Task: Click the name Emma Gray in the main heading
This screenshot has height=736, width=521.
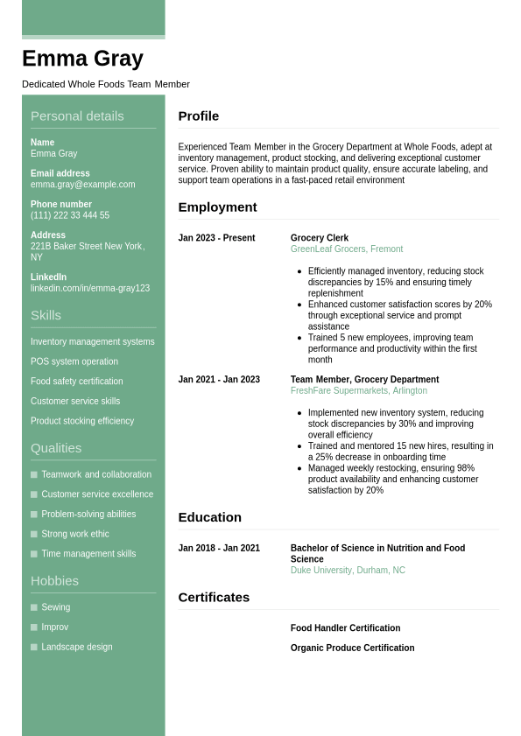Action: pyautogui.click(x=82, y=59)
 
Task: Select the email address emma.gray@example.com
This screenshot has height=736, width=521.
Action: pyautogui.click(x=82, y=185)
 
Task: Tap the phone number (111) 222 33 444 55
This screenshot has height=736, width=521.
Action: pyautogui.click(x=70, y=215)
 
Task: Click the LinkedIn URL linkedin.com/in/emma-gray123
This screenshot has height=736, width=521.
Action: pyautogui.click(x=90, y=288)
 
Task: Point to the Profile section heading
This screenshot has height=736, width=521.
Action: pyautogui.click(x=199, y=116)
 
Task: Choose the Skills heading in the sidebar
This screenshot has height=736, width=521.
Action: pyautogui.click(x=46, y=315)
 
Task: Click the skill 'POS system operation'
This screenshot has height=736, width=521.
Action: pyautogui.click(x=74, y=361)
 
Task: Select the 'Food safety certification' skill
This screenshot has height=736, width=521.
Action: pyautogui.click(x=77, y=382)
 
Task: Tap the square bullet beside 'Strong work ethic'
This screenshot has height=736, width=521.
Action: pyautogui.click(x=34, y=534)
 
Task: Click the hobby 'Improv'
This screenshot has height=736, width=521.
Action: pyautogui.click(x=54, y=627)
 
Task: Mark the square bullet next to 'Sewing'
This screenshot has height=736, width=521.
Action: pyautogui.click(x=34, y=607)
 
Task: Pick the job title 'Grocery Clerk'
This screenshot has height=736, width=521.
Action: pyautogui.click(x=320, y=238)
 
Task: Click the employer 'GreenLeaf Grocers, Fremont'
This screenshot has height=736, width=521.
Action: pyautogui.click(x=347, y=249)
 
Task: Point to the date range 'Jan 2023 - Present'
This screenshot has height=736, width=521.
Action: pyautogui.click(x=216, y=238)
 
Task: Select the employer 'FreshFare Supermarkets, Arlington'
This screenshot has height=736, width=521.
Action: pyautogui.click(x=359, y=391)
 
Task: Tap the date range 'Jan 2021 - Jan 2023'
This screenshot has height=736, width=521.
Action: pyautogui.click(x=219, y=380)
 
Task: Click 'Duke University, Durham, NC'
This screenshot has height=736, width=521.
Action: pyautogui.click(x=348, y=571)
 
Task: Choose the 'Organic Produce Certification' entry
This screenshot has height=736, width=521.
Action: pyautogui.click(x=352, y=648)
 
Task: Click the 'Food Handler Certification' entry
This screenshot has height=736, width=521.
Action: pyautogui.click(x=345, y=628)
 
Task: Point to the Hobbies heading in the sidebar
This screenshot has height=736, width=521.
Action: pyautogui.click(x=54, y=581)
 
